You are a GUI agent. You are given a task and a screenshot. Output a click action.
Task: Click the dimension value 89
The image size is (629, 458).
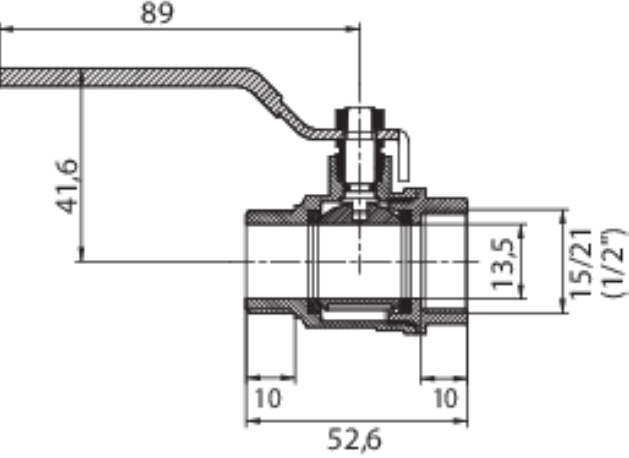click(157, 13)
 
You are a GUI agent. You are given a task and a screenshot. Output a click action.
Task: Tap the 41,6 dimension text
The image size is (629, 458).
click(67, 187)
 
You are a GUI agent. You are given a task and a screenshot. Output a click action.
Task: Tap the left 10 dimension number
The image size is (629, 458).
click(268, 398)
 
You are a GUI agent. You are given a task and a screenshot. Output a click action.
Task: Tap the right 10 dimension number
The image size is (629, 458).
click(446, 398)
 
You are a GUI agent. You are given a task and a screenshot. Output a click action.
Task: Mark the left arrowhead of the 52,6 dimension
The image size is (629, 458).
click(253, 421)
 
